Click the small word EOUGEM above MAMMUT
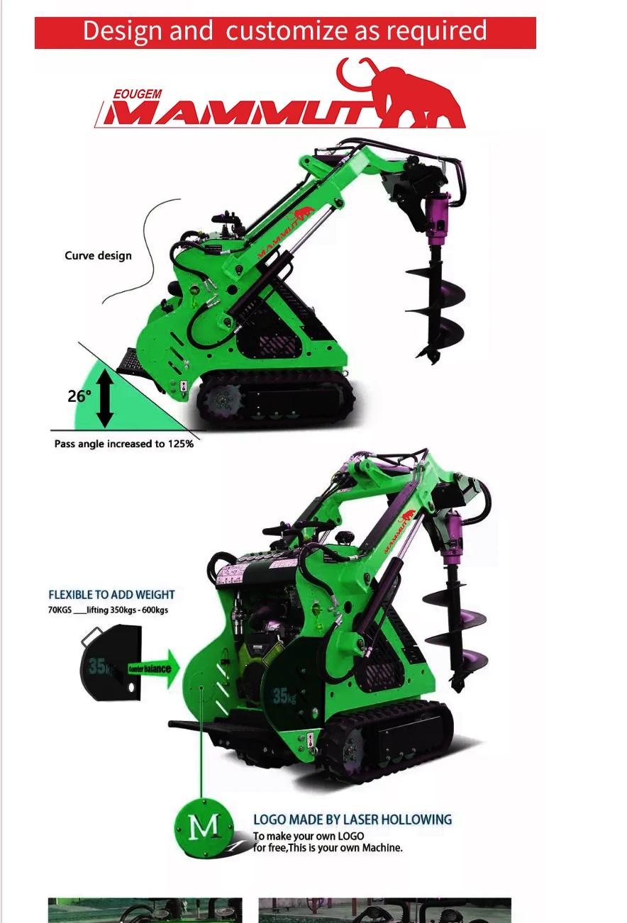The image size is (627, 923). coord(138,94)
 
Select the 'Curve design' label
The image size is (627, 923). coord(98,255)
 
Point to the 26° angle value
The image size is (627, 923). coord(79,396)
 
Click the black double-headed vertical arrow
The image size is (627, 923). coord(105,398)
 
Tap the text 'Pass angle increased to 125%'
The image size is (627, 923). coord(123,444)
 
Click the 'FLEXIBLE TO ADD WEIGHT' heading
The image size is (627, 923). coord(111,595)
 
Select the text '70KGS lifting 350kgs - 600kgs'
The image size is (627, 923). coord(108,610)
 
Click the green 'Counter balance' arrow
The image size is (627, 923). coord(154,669)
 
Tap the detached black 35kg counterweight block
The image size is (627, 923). coord(111,663)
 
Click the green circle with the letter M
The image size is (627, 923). coord(204,828)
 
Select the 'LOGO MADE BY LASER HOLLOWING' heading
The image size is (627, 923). coord(353,819)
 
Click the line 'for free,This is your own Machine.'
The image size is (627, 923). coord(328,848)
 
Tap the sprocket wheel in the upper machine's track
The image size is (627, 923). coord(223,400)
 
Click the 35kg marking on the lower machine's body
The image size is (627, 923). coord(284,696)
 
